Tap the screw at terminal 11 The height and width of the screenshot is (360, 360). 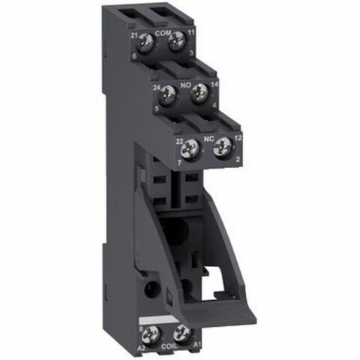(178, 43)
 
